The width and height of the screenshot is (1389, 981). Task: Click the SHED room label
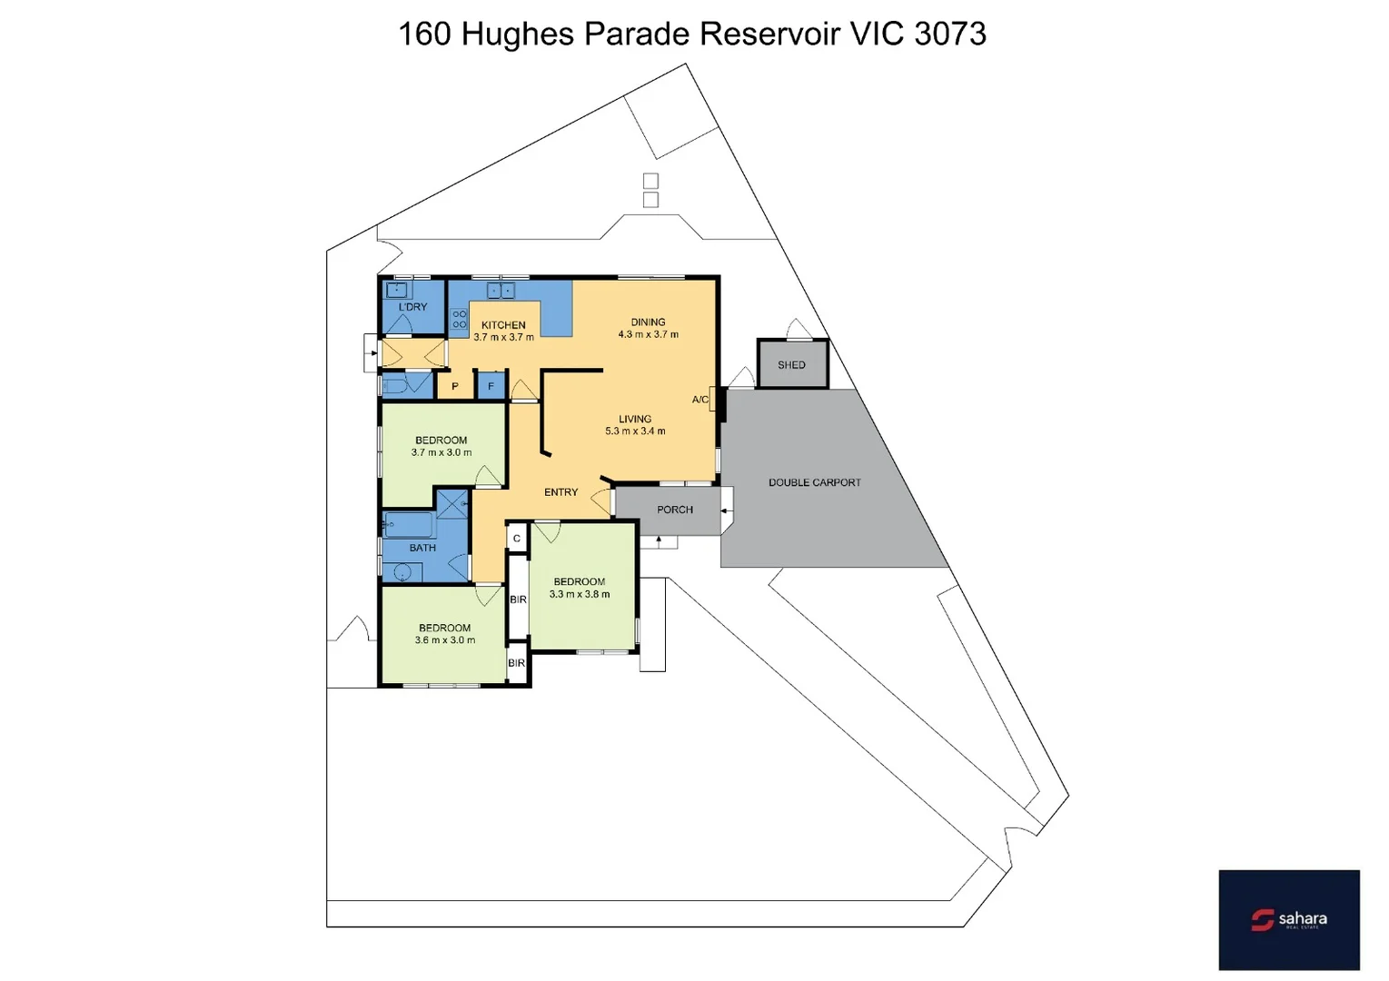[791, 365]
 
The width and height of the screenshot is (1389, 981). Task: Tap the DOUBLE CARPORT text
[814, 482]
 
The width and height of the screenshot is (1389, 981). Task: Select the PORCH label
[675, 510]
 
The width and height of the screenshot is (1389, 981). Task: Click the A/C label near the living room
[700, 400]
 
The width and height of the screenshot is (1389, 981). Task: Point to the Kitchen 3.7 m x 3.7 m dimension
[503, 337]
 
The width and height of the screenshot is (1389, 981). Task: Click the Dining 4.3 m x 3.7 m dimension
[648, 334]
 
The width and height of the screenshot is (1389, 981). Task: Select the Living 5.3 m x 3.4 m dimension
[635, 431]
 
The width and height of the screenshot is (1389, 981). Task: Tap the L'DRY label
[412, 307]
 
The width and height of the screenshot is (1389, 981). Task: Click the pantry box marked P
[455, 386]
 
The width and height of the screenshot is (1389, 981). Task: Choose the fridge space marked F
[491, 386]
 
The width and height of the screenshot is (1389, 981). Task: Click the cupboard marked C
[517, 539]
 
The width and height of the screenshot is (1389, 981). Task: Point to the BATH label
[422, 548]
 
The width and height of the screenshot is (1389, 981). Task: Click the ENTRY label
[561, 492]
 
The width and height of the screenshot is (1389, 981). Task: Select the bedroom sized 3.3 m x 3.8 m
[580, 594]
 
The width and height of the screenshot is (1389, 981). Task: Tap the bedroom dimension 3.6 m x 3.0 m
[445, 640]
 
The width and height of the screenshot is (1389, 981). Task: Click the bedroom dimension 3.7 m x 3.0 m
[442, 452]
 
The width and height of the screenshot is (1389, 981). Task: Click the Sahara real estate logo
[1288, 920]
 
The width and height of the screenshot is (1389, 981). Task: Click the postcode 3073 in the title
[950, 34]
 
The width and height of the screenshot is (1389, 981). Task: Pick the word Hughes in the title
[518, 34]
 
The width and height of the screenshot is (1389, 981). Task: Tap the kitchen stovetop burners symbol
[460, 319]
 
